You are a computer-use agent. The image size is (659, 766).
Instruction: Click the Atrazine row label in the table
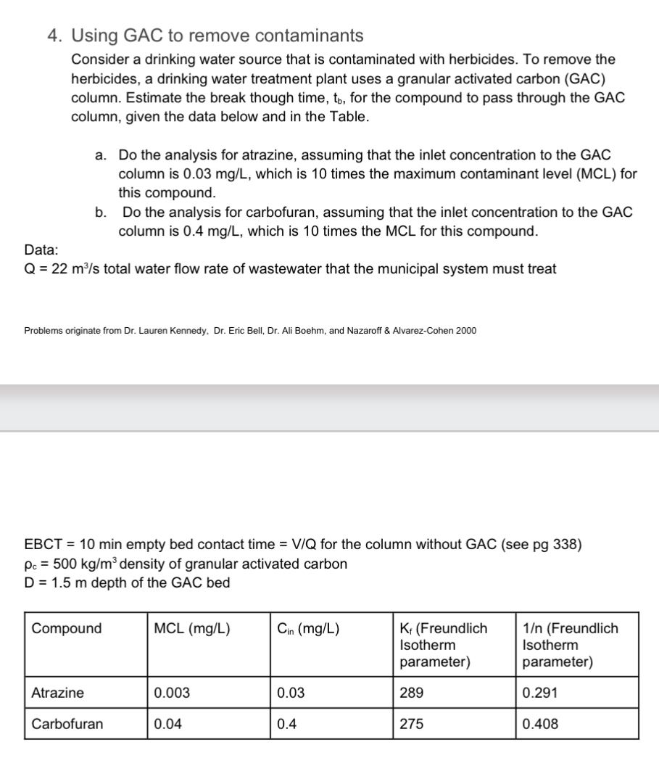[x=57, y=693]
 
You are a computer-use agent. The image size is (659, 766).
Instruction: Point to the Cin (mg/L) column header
[x=308, y=628]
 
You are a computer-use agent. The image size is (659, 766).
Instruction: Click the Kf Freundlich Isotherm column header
[x=444, y=645]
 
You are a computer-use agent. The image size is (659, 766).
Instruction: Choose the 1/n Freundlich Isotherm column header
[x=569, y=645]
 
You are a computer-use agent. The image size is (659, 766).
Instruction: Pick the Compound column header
[x=67, y=628]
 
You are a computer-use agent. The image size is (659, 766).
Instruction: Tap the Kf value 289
[x=411, y=693]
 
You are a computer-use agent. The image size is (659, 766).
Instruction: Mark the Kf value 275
[x=411, y=724]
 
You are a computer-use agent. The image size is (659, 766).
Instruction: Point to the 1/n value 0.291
[x=539, y=693]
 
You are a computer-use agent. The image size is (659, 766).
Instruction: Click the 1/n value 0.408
[x=540, y=724]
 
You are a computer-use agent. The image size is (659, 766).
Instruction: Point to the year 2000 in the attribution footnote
[x=465, y=331]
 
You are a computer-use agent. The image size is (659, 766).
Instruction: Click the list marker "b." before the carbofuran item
[x=102, y=213]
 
